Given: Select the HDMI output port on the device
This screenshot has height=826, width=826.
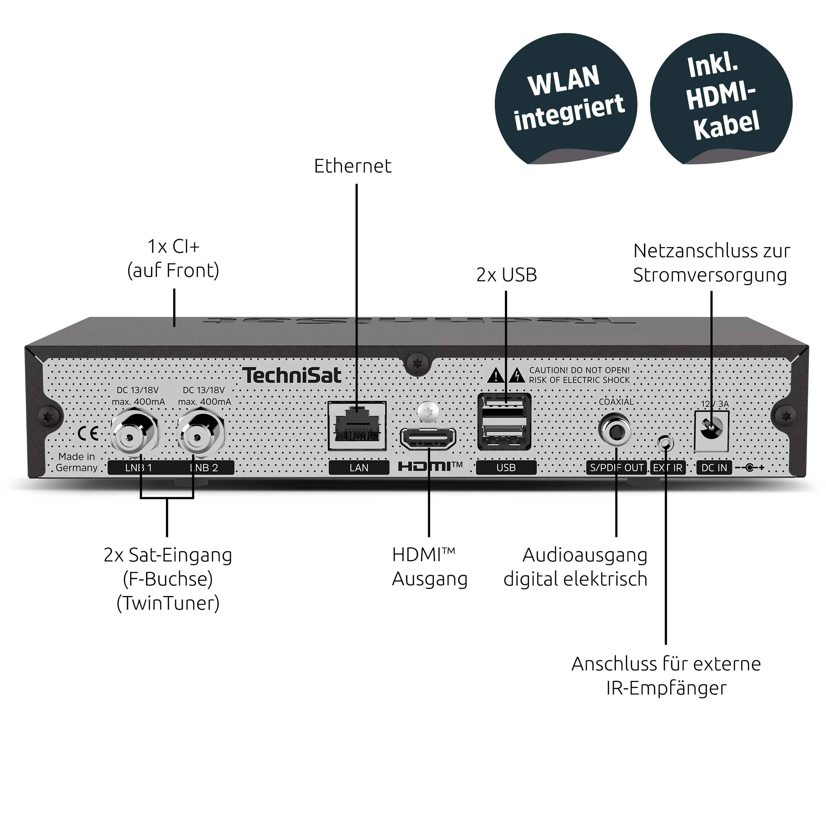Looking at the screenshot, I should point(428,439).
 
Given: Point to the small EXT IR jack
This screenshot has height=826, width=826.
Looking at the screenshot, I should point(665,443).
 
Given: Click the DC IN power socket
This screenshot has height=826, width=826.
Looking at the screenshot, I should point(711,427).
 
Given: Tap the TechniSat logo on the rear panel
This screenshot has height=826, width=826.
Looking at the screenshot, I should point(292,375).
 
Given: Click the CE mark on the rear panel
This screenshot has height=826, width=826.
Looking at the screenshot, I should point(88,434).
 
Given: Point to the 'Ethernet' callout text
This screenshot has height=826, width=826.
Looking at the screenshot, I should point(353,166).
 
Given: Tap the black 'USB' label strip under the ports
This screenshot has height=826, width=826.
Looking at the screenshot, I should point(506,468).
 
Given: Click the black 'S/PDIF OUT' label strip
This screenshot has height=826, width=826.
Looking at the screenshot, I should point(616,468).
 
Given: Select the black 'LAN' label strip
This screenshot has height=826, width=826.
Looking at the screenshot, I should point(359,468).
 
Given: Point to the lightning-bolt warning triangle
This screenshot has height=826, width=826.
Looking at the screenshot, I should point(518,375).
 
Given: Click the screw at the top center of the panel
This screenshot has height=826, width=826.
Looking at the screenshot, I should point(417,363).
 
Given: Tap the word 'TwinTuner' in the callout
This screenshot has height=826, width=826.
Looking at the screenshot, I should point(168,603).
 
